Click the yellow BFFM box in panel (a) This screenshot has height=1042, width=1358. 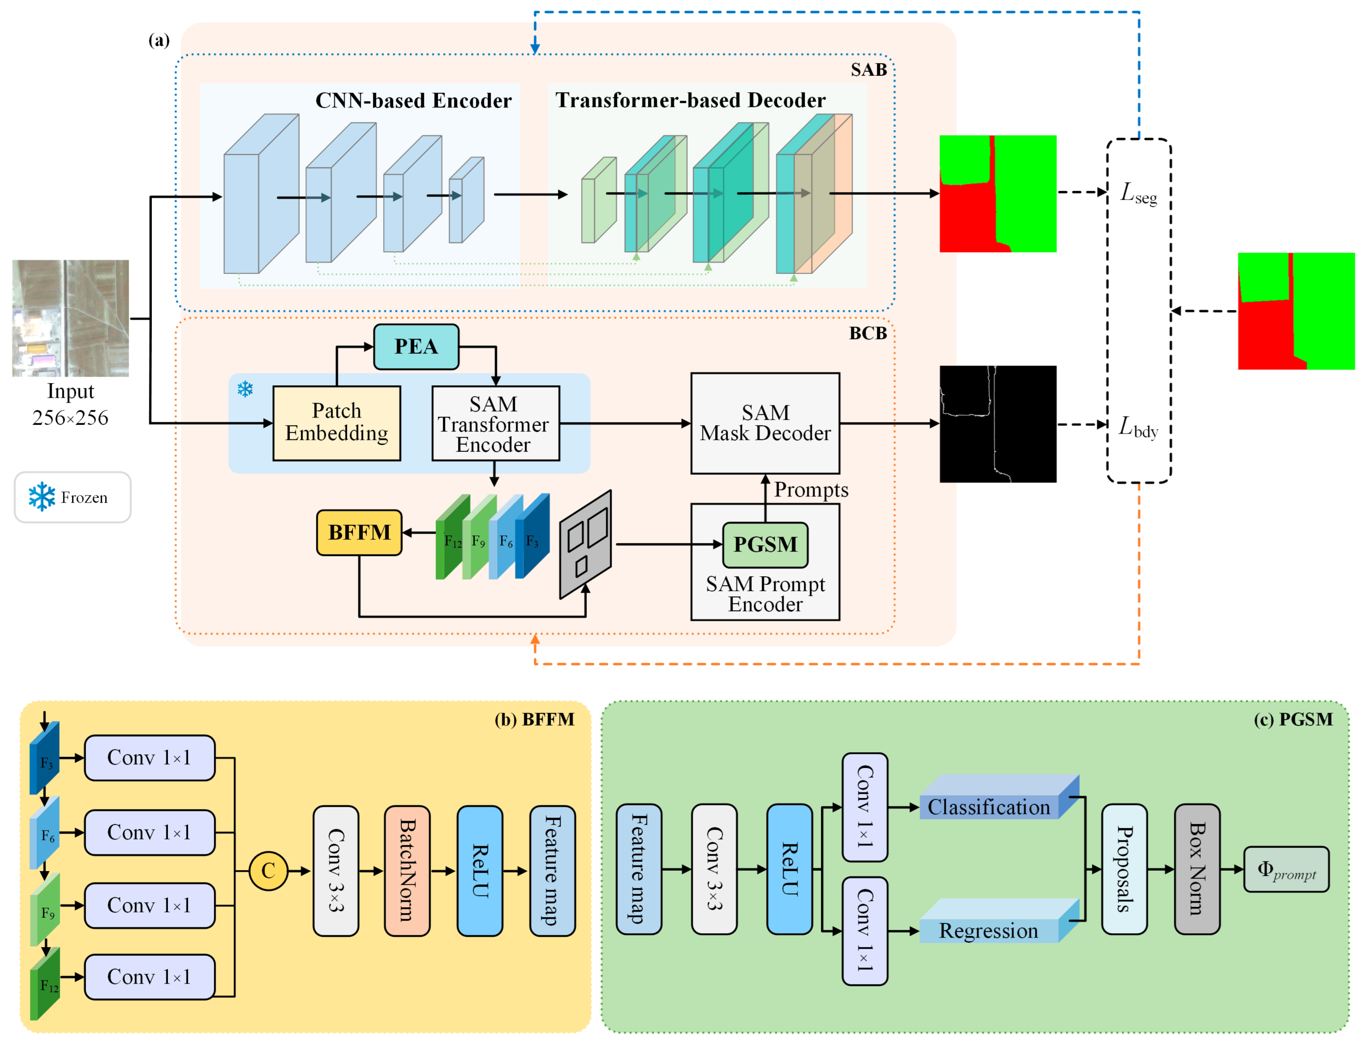359,532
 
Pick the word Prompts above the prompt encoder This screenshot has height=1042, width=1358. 810,490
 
